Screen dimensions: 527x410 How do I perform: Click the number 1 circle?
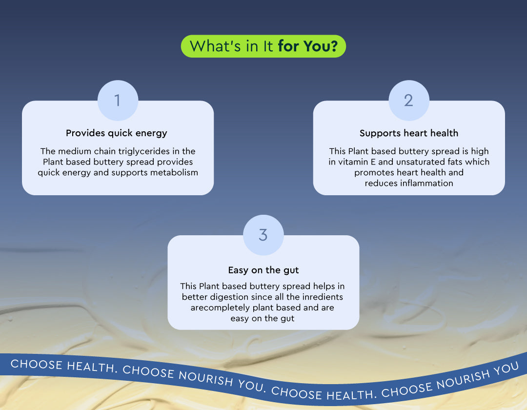coord(118,100)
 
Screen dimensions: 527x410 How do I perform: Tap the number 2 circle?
coord(409,100)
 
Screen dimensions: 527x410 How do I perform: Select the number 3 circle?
coord(263,235)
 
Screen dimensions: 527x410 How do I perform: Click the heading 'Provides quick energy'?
coord(116,133)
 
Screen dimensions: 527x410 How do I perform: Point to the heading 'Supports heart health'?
coord(409,133)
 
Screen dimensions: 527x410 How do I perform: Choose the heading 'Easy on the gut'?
coord(263,270)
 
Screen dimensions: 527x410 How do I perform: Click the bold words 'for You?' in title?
coord(307,46)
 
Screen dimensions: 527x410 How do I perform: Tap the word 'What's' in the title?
coord(216,46)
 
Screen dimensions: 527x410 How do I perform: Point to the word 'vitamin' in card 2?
coord(353,162)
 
